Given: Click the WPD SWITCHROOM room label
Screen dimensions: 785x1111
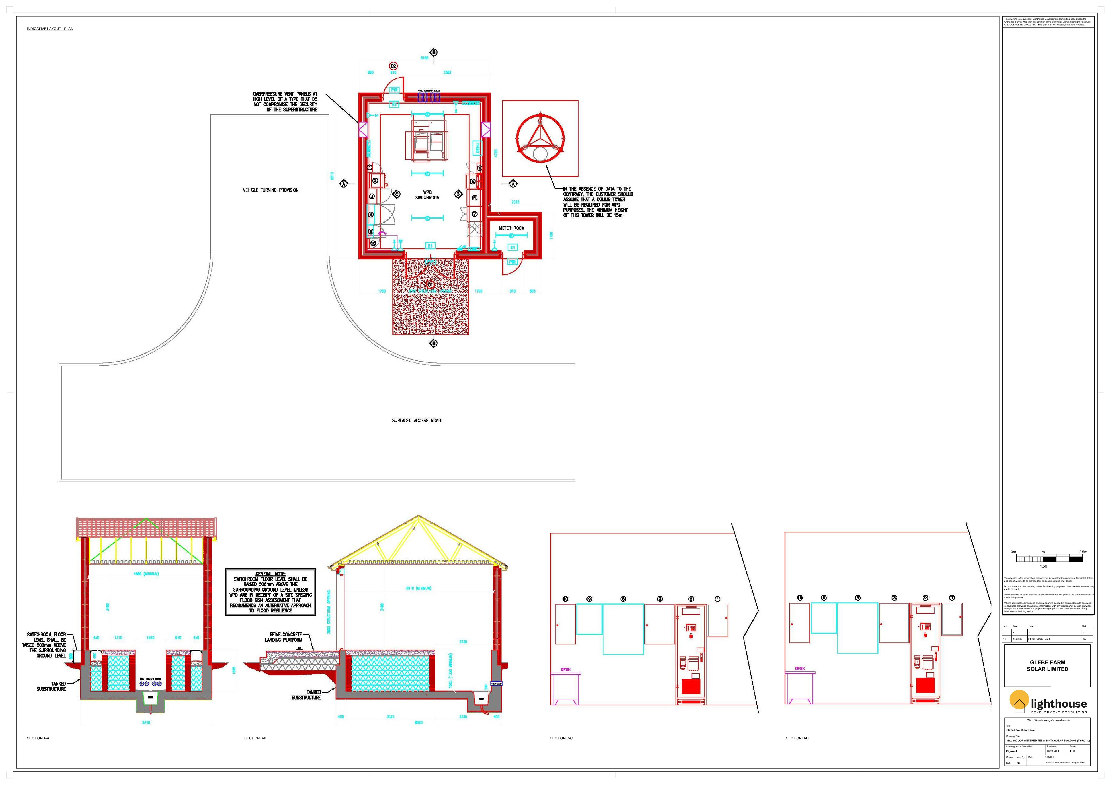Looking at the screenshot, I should coord(427,195).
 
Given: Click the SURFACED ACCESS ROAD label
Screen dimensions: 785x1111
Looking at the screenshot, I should coord(416,421).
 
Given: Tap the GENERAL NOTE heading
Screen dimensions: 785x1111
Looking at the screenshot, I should coord(271,574).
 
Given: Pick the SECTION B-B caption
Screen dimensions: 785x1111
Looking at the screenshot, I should coord(255,738).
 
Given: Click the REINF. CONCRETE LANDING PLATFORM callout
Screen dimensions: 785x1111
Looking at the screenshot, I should coord(285,637).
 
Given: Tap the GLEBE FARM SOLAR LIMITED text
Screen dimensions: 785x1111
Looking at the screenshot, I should coord(1047,665).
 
